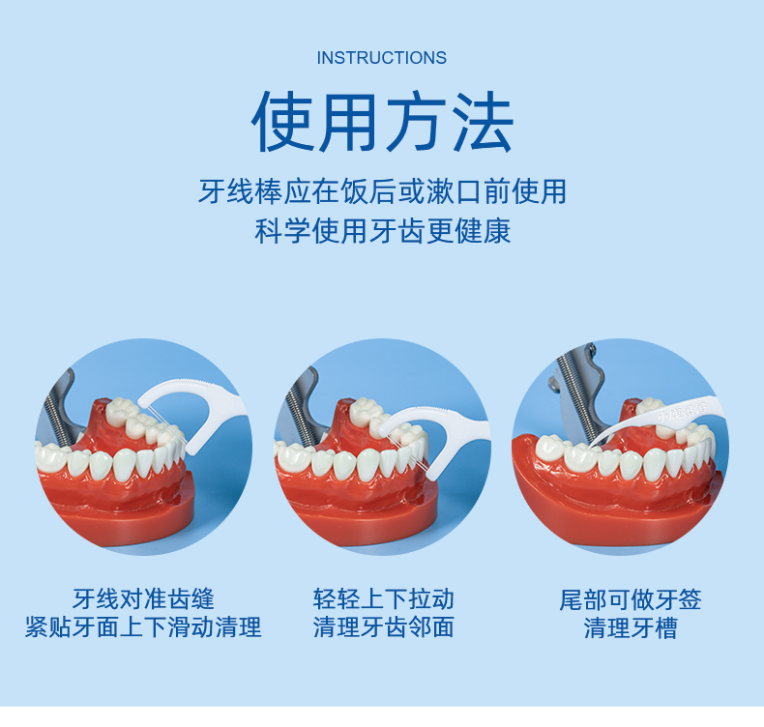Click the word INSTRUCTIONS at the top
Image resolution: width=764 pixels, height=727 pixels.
[382, 58]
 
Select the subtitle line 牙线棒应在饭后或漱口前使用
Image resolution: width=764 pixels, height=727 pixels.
[382, 191]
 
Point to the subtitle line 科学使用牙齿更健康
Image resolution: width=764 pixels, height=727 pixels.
[382, 232]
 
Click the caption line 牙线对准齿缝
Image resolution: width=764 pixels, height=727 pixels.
[143, 598]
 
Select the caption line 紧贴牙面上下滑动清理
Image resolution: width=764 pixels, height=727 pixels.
[143, 627]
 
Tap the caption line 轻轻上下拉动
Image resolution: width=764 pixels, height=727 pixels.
[383, 598]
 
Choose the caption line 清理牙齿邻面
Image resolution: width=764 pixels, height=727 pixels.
[383, 627]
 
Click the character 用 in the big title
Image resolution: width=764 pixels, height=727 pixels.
[349, 123]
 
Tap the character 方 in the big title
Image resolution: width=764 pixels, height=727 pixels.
[415, 123]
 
